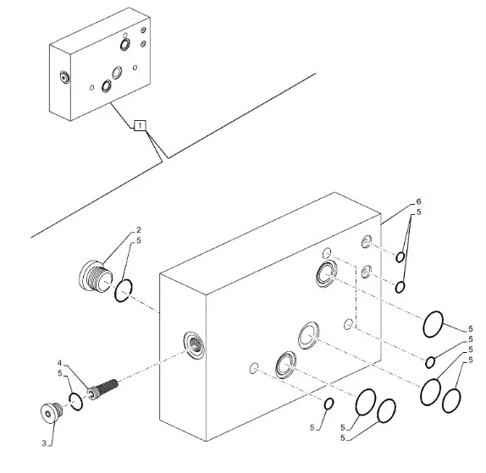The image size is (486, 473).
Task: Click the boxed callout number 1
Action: tap(140, 125)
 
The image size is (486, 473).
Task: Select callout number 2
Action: tap(139, 230)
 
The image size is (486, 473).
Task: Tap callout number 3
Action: tap(44, 443)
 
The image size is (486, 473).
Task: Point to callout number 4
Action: tap(60, 363)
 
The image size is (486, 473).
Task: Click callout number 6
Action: tap(419, 201)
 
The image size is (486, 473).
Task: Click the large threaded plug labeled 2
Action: tap(95, 277)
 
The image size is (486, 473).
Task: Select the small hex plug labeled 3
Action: tap(52, 413)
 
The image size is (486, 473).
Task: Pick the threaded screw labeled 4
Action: tap(102, 389)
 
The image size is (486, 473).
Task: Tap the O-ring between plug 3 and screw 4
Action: tap(76, 402)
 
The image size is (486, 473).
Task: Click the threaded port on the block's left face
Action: tap(194, 345)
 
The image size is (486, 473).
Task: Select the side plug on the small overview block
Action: tap(64, 77)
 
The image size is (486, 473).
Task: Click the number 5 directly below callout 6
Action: tap(419, 212)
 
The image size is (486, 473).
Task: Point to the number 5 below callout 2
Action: tap(139, 240)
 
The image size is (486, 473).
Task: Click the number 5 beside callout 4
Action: tap(60, 373)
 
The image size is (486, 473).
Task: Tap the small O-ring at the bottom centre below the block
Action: tap(329, 404)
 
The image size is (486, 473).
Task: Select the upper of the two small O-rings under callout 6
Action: tap(400, 257)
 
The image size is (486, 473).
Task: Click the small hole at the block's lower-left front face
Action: tap(254, 368)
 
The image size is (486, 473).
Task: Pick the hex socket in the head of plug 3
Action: tap(47, 414)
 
